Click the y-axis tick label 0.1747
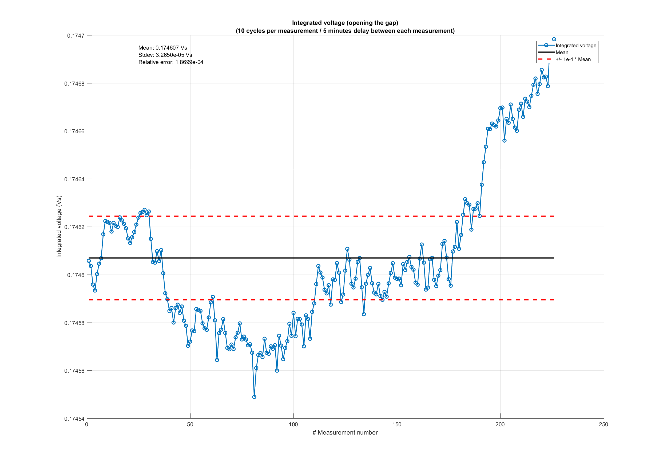76,36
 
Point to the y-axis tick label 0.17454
74,419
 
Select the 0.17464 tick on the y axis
74,179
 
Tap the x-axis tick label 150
397,424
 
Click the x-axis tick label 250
604,424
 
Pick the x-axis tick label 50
190,424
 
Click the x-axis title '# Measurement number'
345,433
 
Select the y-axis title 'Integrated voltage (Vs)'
59,226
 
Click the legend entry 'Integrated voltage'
576,46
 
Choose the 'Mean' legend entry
562,53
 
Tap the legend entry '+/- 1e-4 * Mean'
573,59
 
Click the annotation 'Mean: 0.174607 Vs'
163,48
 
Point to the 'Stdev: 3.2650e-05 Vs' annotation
165,55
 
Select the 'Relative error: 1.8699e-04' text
171,62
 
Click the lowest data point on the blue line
254,397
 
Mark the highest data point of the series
554,39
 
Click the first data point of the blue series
89,261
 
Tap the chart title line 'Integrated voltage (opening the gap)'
345,23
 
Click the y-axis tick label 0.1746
76,275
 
